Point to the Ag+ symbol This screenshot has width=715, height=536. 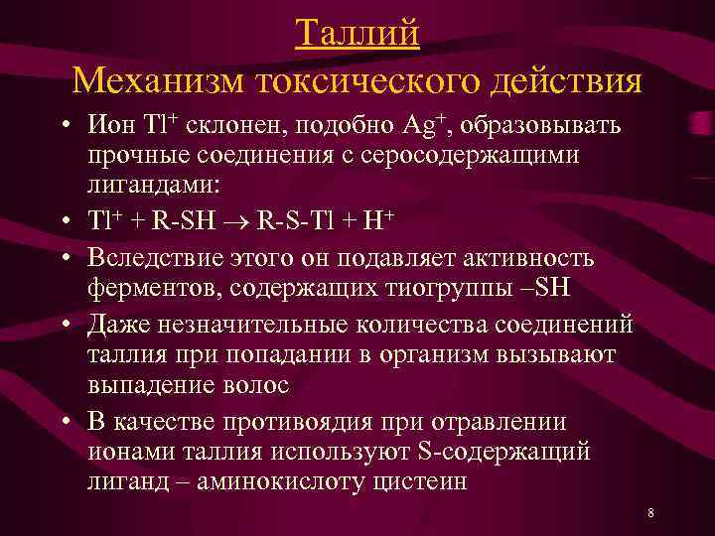[x=423, y=126]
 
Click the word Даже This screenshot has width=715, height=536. [x=117, y=325]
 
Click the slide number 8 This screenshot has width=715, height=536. [x=649, y=513]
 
